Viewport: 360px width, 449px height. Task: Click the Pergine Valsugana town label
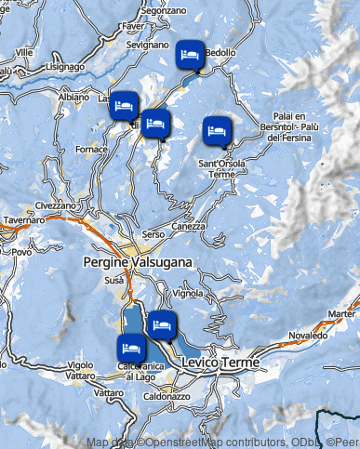point(137,262)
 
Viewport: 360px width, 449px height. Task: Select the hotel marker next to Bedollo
point(191,57)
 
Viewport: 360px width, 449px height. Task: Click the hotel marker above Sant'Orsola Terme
point(216,130)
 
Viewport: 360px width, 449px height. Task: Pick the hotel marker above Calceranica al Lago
point(130,348)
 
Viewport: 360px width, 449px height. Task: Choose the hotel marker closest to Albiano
point(123,105)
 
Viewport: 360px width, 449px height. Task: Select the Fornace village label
point(91,149)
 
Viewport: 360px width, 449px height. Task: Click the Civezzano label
point(56,205)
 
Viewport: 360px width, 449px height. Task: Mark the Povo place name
point(21,252)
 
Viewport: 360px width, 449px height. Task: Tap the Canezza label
point(188,226)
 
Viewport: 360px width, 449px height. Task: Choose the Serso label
point(153,237)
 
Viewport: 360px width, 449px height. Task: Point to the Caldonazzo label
point(167,396)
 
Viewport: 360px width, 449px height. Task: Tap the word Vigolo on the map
point(81,364)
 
